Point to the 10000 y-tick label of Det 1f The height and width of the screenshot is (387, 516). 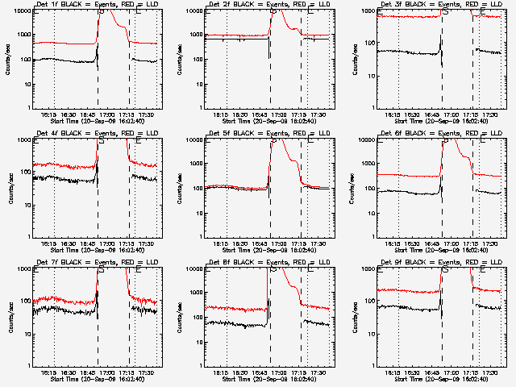pyautogui.click(x=21, y=11)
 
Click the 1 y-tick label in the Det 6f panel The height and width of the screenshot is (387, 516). pyautogui.click(x=374, y=237)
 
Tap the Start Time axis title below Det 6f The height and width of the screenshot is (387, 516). pyautogui.click(x=439, y=248)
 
